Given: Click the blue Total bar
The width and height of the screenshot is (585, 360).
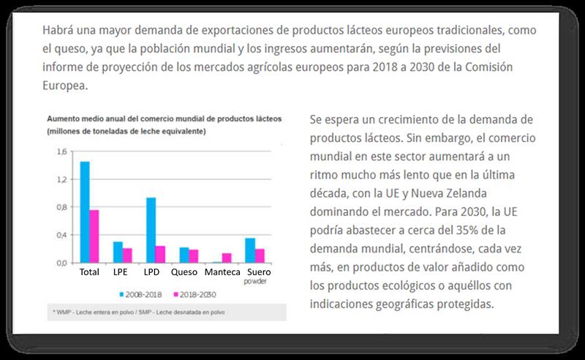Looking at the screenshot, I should pos(85,212).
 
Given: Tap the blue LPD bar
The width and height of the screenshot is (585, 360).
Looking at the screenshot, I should pos(151,230).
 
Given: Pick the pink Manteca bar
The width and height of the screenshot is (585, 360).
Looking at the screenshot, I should pos(227,258).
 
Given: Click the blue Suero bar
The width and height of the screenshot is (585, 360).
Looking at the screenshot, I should pos(250,250).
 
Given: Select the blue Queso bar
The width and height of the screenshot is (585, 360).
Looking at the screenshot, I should pos(184,255).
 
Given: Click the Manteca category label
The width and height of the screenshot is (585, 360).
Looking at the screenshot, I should pos(223,272).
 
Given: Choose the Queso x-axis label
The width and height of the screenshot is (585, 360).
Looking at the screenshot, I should pos(184,272).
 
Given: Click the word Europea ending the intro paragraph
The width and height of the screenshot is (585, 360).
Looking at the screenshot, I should pos(64,85).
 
